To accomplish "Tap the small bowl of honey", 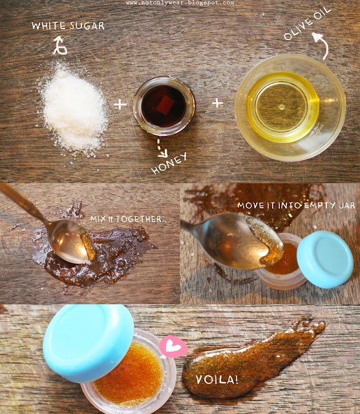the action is click(164, 106).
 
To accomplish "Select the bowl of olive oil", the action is click(290, 108).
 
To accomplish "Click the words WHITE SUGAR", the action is click(68, 26).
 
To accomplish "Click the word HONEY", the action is click(169, 163).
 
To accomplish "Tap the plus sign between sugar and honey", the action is click(120, 103).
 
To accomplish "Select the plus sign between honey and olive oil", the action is click(217, 103).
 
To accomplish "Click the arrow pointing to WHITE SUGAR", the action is click(59, 46).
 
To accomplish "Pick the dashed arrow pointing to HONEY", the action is click(161, 148).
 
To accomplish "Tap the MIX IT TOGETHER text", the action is click(129, 219).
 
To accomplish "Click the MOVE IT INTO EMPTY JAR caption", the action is click(297, 206).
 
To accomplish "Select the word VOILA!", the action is click(217, 380).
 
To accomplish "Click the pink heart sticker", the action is click(173, 347).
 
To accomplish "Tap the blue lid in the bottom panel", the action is click(89, 343).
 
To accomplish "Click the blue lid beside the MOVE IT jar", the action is click(325, 259).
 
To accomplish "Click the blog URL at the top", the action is click(180, 3).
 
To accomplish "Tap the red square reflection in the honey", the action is click(165, 105).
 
